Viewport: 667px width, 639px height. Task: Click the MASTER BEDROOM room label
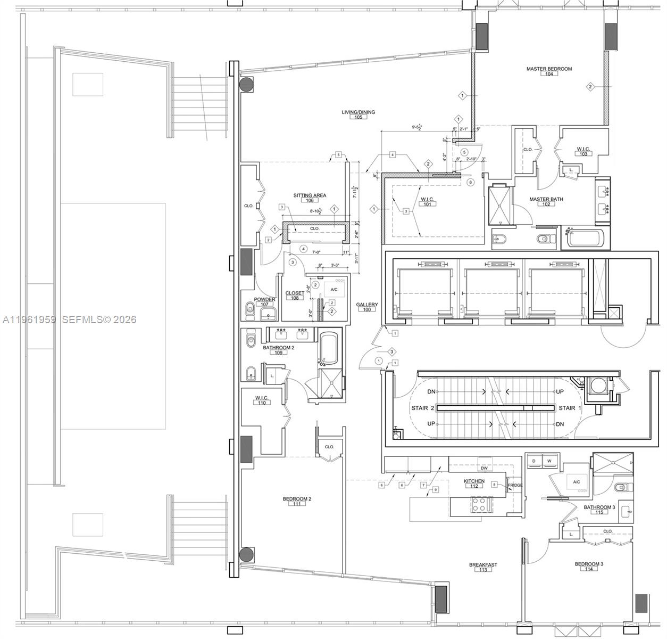549,69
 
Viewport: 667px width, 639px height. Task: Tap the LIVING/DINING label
358,112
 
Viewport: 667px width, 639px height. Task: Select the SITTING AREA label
310,195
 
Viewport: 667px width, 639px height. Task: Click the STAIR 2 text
423,408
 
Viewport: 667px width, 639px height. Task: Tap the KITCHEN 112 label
474,481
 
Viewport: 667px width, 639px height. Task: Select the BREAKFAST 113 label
483,565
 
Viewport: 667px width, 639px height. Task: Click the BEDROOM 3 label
589,564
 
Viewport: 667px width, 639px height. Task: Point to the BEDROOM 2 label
297,499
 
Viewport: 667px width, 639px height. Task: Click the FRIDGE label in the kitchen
515,485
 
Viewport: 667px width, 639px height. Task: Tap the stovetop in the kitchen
481,505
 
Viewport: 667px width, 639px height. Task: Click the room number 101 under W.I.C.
428,204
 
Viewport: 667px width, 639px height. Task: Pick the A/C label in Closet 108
334,290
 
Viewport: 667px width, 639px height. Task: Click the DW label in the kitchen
484,469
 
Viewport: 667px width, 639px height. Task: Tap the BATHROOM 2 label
278,348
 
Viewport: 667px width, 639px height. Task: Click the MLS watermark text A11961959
29,320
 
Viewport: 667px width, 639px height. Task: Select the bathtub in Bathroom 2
328,348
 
